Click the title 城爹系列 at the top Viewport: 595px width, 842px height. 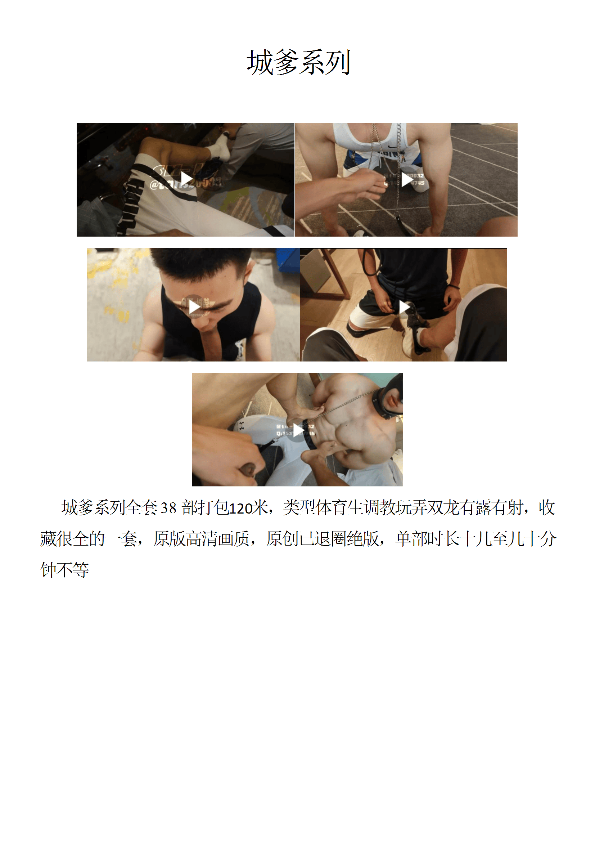[298, 62]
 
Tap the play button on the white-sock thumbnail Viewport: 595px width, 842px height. [186, 179]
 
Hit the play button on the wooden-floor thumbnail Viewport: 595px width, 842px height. [404, 306]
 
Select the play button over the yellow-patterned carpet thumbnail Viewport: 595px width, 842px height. [194, 306]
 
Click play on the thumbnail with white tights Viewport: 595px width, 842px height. [298, 429]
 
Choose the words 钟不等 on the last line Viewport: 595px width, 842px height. [64, 570]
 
